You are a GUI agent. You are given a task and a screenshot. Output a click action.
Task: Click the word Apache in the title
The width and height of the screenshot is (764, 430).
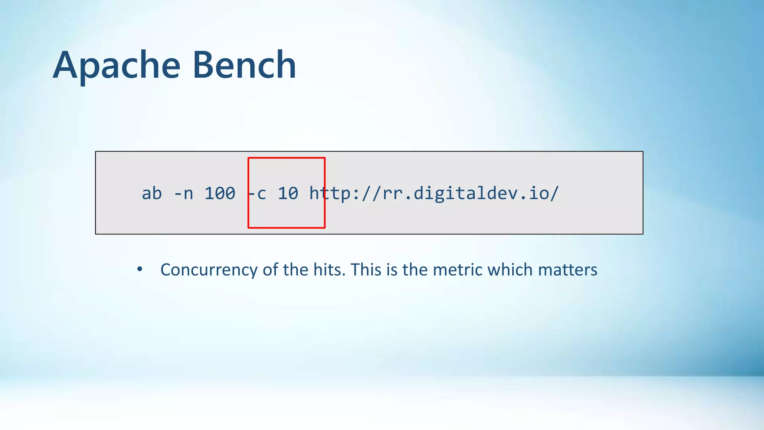(116, 66)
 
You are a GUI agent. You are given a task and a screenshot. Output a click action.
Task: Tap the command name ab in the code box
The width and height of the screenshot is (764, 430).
(152, 193)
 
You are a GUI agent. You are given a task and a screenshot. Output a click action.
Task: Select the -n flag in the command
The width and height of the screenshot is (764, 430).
(184, 193)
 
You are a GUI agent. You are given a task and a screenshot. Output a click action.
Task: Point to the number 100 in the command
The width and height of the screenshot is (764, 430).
(220, 193)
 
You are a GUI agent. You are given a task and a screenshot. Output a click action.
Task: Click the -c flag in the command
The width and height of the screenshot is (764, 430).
(257, 193)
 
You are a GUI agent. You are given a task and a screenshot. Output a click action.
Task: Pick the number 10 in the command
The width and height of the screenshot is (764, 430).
(288, 193)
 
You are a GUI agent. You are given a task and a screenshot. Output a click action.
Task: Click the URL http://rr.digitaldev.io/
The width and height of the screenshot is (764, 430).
(434, 193)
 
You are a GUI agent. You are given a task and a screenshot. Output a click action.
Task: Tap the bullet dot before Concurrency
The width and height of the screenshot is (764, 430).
(140, 269)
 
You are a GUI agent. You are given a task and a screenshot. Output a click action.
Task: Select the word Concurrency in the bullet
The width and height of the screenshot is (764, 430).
(209, 270)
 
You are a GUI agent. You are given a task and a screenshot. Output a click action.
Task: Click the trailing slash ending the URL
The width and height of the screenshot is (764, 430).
(555, 193)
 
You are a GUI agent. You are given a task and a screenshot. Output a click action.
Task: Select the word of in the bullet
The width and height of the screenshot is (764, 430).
(270, 269)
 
